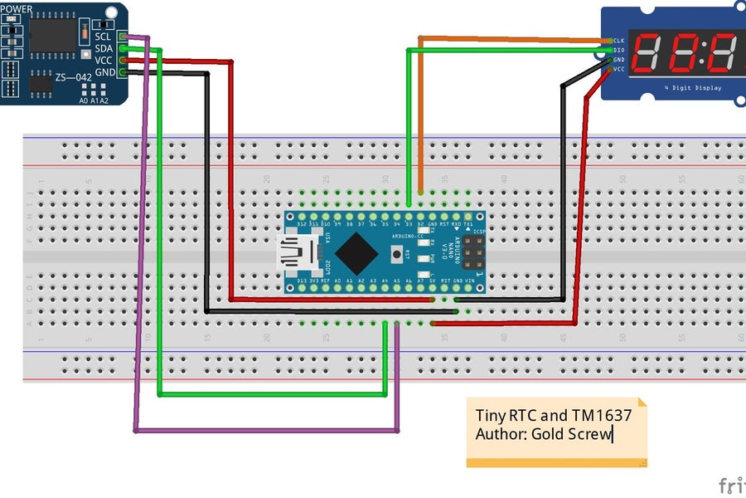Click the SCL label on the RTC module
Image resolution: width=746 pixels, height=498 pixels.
(x=103, y=37)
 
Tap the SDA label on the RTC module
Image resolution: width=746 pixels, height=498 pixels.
(x=103, y=48)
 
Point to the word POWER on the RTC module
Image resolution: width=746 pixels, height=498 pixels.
(x=17, y=10)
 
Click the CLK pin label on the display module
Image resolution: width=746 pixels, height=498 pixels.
(x=619, y=41)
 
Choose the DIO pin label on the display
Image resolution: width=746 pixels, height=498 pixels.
(x=619, y=51)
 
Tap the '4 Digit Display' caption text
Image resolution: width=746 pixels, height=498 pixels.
(x=692, y=87)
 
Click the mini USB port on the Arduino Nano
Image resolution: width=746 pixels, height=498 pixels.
(x=299, y=251)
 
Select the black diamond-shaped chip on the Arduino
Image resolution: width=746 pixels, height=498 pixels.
(x=358, y=252)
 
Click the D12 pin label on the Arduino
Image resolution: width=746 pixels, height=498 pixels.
(x=302, y=224)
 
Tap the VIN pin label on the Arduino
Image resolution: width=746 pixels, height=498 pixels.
(x=470, y=281)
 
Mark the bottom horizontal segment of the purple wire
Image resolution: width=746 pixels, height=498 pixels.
(x=265, y=431)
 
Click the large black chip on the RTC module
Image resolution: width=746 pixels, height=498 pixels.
(x=53, y=32)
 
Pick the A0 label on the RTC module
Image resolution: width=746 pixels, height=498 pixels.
(x=84, y=100)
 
